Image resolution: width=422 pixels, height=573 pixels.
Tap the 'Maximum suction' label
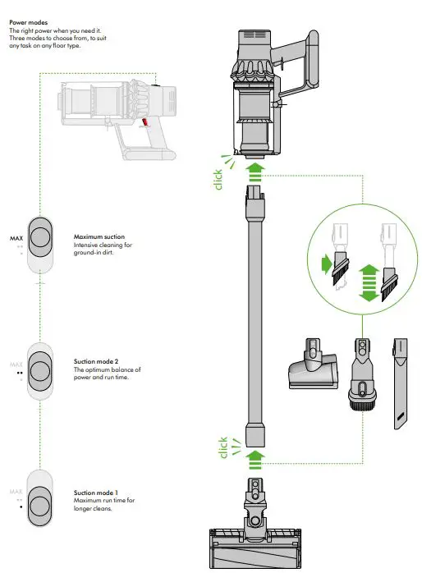(99, 236)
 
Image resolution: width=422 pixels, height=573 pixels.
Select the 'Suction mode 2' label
(96, 360)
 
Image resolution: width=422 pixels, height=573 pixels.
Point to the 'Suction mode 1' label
(96, 492)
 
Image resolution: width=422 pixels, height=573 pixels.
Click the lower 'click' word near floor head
(222, 447)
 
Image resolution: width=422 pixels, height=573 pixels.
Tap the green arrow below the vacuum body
(255, 169)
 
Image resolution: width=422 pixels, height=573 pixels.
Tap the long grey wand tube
(255, 312)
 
